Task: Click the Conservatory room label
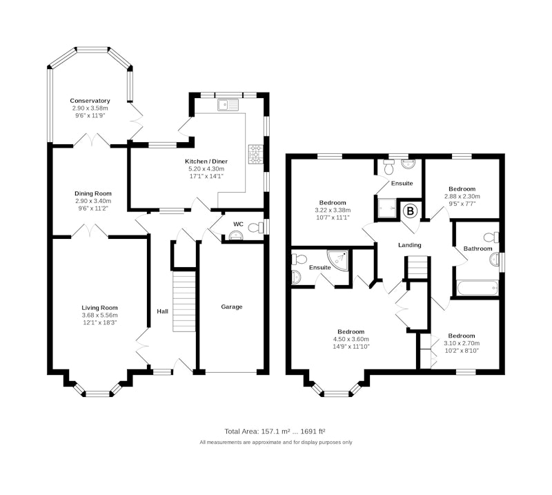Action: [90, 101]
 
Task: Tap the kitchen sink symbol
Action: [228, 105]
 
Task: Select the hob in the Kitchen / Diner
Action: [255, 155]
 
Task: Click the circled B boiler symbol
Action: [410, 211]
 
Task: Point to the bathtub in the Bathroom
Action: [477, 288]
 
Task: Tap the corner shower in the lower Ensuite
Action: [337, 260]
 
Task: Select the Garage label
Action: [232, 307]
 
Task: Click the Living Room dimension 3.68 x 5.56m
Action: [99, 316]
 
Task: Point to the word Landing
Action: [410, 245]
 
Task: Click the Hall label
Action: [163, 311]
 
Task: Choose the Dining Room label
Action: [93, 193]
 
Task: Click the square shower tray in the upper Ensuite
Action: [386, 208]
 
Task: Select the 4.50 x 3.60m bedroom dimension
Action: [351, 339]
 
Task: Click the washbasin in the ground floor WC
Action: [235, 235]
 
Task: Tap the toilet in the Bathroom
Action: [492, 237]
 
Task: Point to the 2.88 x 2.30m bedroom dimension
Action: [462, 196]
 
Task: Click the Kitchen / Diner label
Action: [206, 162]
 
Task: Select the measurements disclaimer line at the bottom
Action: [275, 442]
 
